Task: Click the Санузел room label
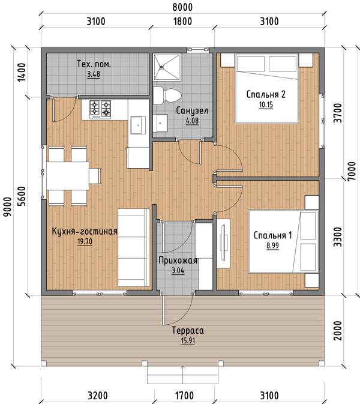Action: [x=192, y=111]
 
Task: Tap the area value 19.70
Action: [x=85, y=242]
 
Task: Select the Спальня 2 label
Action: [x=266, y=94]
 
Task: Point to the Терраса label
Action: [x=188, y=330]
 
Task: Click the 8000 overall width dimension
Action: [x=182, y=7]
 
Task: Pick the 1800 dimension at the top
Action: [x=182, y=22]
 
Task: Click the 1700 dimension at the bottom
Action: [x=184, y=396]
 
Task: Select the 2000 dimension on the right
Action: [x=338, y=331]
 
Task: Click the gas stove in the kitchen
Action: [x=100, y=109]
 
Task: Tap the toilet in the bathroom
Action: [x=167, y=95]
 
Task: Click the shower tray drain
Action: [x=161, y=67]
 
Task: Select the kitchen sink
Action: [x=138, y=125]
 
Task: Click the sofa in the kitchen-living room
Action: [x=134, y=247]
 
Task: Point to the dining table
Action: [x=68, y=176]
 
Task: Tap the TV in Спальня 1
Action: [x=223, y=243]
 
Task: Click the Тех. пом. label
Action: [x=94, y=64]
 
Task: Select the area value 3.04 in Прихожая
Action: [x=178, y=271]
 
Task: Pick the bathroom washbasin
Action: [x=160, y=123]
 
